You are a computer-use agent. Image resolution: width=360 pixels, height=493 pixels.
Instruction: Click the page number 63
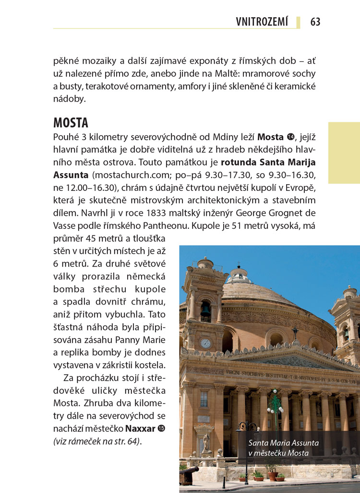click(x=315, y=22)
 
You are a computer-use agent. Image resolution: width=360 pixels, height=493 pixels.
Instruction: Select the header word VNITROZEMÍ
click(x=262, y=22)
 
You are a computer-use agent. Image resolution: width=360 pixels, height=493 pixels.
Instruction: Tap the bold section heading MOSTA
click(x=71, y=123)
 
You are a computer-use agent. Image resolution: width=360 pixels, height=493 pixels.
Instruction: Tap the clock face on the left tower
click(x=205, y=343)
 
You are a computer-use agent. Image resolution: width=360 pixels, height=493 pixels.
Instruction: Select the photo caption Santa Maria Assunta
click(x=283, y=443)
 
